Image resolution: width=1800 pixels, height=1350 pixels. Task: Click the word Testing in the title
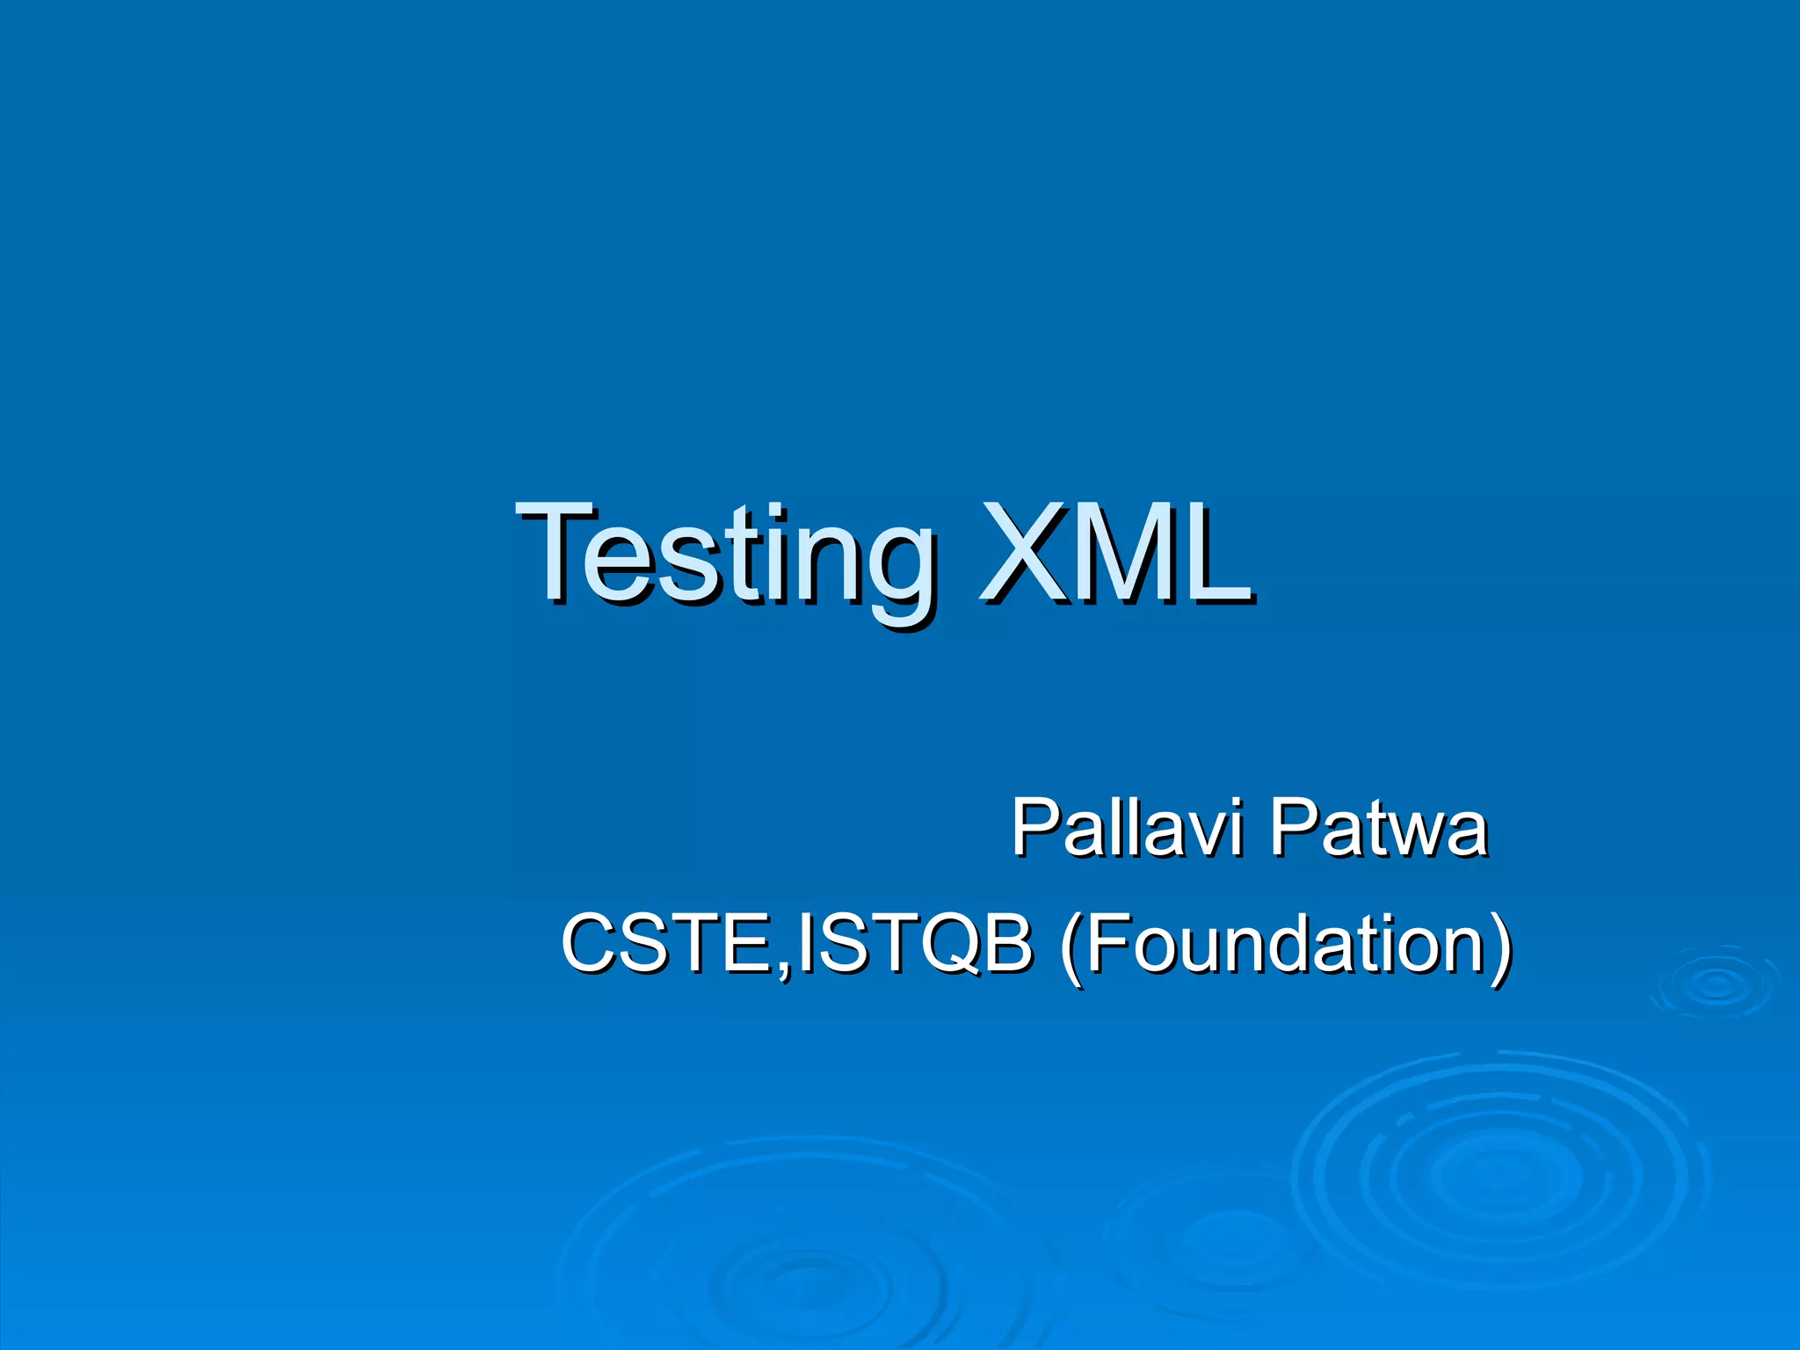(x=725, y=554)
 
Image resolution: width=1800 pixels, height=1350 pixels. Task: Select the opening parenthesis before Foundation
(x=1070, y=946)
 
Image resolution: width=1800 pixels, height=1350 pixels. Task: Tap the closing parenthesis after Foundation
(x=1500, y=946)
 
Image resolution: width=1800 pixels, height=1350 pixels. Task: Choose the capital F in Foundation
(x=1110, y=942)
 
